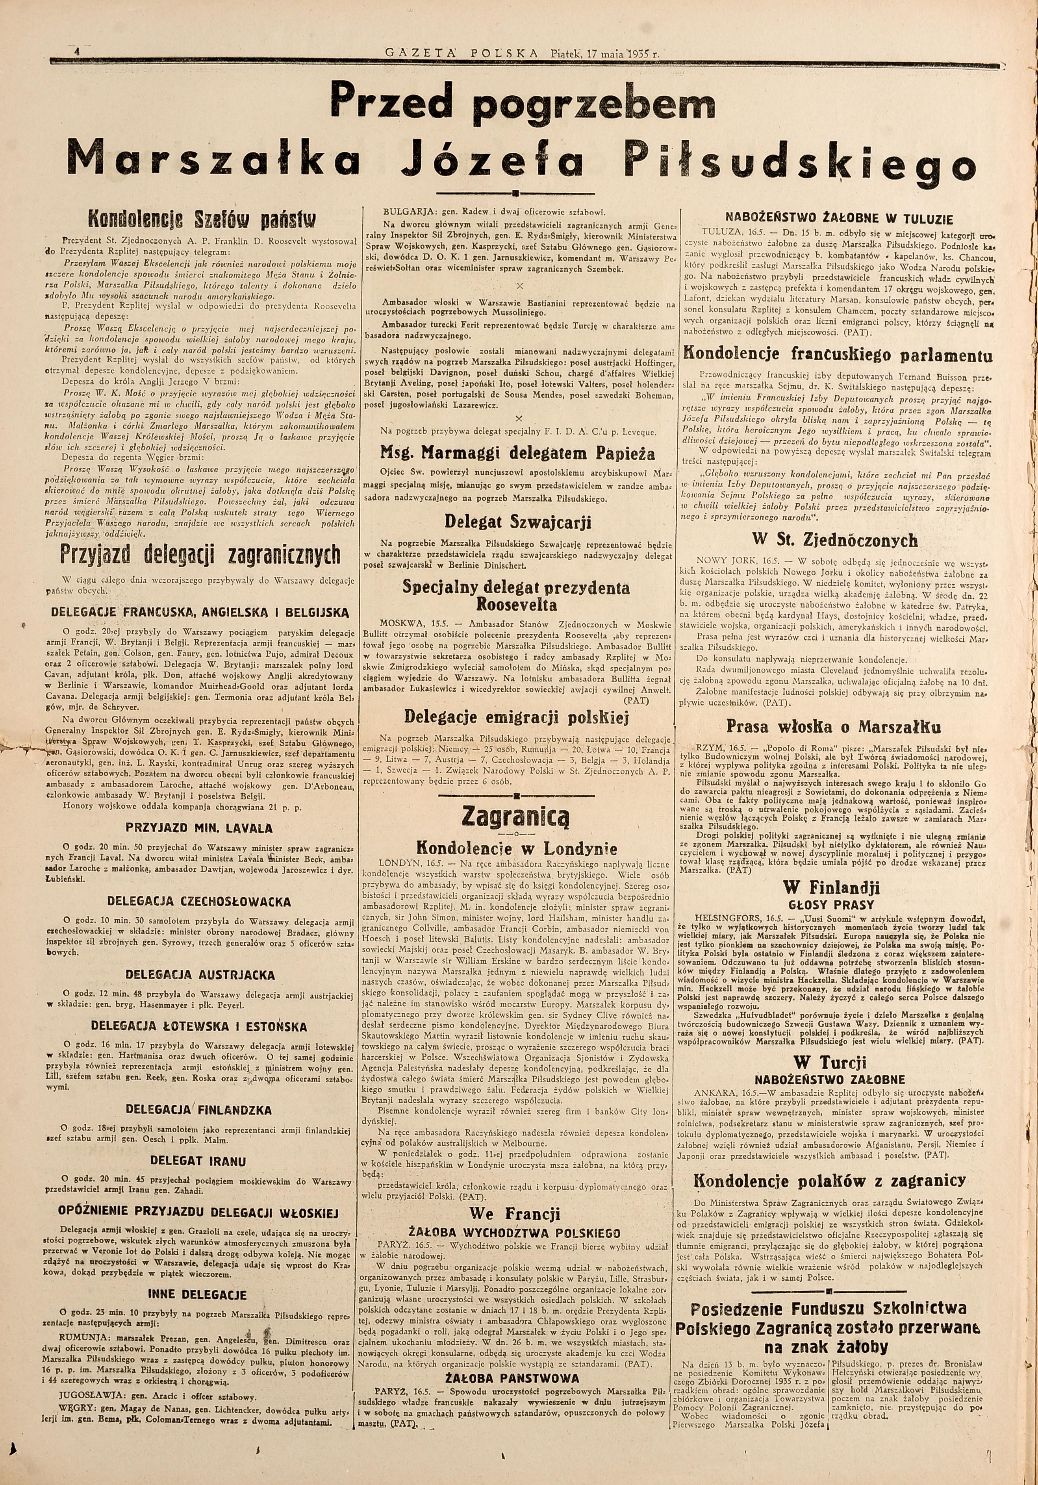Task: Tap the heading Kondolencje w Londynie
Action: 515,848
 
